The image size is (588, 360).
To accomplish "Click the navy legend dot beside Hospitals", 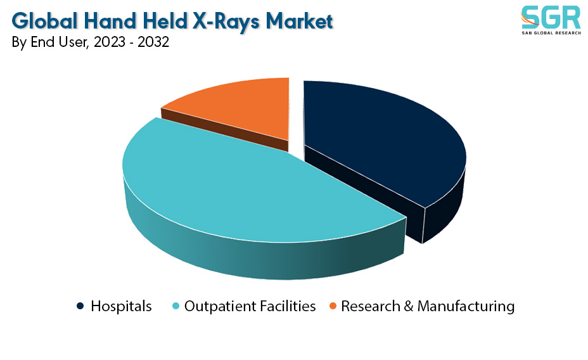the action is [80, 306].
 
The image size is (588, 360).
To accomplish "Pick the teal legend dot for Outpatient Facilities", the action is [176, 306].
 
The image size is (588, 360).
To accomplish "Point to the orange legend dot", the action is [333, 306].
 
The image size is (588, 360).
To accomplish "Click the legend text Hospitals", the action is [121, 306].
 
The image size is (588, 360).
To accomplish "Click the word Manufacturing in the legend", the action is [466, 306].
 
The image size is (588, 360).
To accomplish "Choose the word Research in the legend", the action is [371, 306].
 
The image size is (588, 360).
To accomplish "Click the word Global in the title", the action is [44, 21].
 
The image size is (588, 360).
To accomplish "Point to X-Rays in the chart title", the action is [226, 22].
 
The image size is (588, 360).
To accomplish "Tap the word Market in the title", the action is [299, 21].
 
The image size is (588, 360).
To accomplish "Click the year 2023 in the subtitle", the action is [109, 42].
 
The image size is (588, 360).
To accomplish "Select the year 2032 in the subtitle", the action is [153, 42].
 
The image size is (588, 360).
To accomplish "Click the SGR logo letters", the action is [551, 17].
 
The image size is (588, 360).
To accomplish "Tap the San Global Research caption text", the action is [551, 33].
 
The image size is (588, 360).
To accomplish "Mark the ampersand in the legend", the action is [409, 306].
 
